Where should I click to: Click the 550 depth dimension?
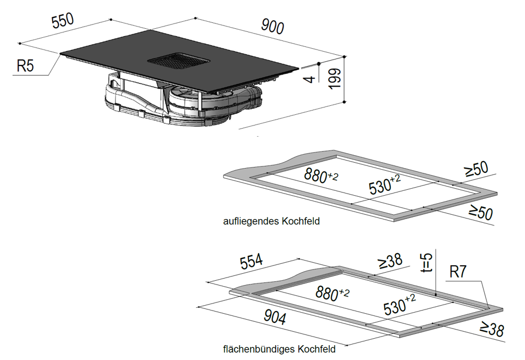click(x=63, y=21)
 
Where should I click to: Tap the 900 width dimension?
click(x=272, y=27)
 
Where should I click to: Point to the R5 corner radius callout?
click(x=26, y=65)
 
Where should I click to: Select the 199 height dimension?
click(x=335, y=79)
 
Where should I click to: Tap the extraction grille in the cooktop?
click(x=179, y=61)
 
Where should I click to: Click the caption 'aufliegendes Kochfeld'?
click(x=271, y=221)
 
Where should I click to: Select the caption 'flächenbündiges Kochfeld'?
click(x=279, y=349)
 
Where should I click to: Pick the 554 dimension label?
click(x=252, y=261)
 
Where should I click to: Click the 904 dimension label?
click(x=275, y=316)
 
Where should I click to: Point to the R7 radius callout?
click(x=457, y=272)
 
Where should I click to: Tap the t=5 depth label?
click(x=427, y=262)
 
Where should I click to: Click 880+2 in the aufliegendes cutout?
click(x=321, y=175)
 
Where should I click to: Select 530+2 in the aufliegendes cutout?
click(x=385, y=185)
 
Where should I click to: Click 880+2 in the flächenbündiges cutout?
click(x=332, y=294)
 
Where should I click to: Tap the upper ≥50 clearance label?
click(x=477, y=169)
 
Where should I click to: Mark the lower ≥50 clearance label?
click(x=481, y=213)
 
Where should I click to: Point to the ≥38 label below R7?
click(x=492, y=329)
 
